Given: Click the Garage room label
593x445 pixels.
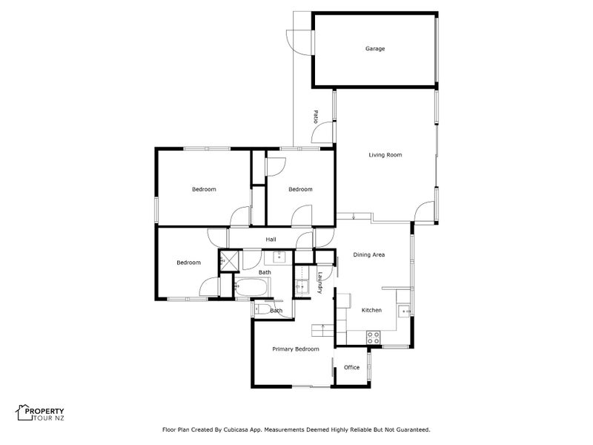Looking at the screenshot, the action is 375,48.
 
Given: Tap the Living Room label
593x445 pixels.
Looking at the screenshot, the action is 385,155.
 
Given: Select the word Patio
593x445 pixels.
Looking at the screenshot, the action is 316,116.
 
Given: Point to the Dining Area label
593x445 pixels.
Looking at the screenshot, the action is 368,254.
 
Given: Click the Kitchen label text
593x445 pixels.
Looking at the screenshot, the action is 371,310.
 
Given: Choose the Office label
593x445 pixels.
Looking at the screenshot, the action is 351,367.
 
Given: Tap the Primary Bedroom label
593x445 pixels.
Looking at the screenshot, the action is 295,349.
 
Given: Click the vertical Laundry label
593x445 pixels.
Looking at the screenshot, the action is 320,283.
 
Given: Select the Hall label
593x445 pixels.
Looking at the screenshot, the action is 271,239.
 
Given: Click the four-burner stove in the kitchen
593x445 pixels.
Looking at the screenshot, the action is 374,337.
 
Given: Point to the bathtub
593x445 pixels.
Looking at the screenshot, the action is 252,288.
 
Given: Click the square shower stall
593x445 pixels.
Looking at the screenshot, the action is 229,260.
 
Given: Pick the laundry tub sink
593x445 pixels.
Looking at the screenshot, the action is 302,286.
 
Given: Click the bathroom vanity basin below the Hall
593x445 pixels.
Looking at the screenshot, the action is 279,257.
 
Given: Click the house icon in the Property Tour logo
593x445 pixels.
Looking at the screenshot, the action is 24,412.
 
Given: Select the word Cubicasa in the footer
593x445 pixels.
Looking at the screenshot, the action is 236,429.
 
